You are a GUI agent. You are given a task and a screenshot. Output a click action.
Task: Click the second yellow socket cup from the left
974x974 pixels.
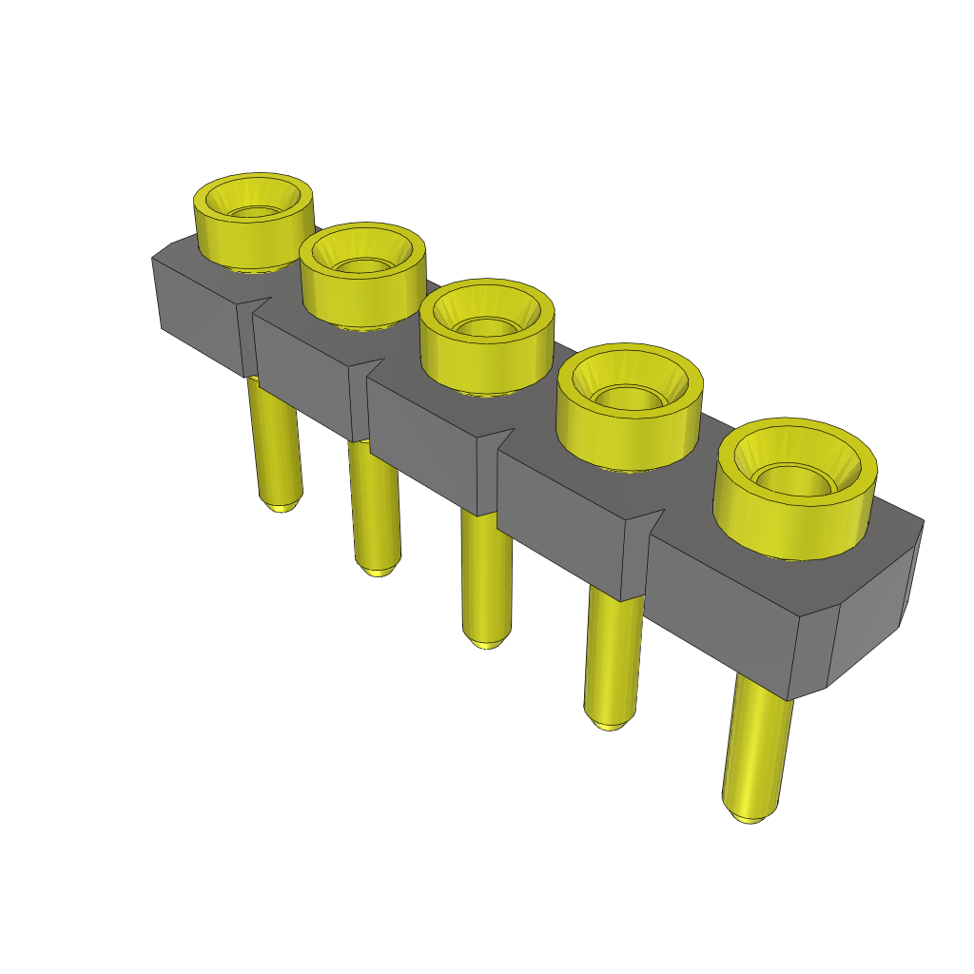[361, 285]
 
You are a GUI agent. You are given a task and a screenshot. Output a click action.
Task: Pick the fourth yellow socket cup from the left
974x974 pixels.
[629, 428]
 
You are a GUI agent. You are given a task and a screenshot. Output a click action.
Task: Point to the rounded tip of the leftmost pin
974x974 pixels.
[282, 506]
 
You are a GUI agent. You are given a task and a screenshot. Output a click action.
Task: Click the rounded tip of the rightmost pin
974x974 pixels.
[750, 815]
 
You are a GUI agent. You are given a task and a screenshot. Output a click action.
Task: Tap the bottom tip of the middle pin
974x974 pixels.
[487, 641]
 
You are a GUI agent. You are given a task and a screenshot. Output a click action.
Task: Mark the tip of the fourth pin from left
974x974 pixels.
[607, 723]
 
